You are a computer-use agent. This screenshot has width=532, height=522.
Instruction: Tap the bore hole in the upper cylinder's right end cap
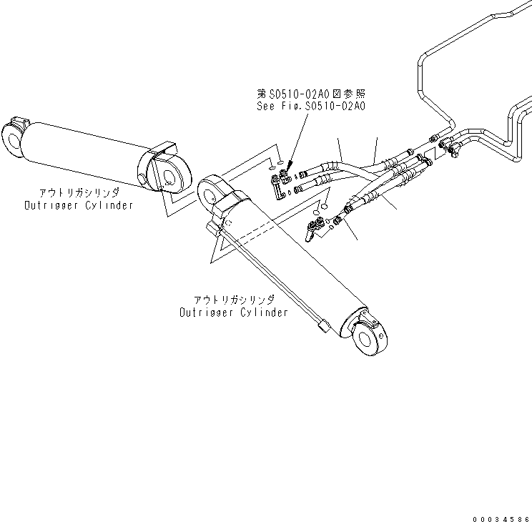[170, 176]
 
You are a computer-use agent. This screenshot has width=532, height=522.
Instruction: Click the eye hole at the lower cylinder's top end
[210, 191]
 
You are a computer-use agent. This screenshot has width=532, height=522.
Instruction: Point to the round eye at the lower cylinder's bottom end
[372, 337]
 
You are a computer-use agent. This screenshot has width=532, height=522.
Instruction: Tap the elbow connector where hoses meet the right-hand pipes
[451, 147]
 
